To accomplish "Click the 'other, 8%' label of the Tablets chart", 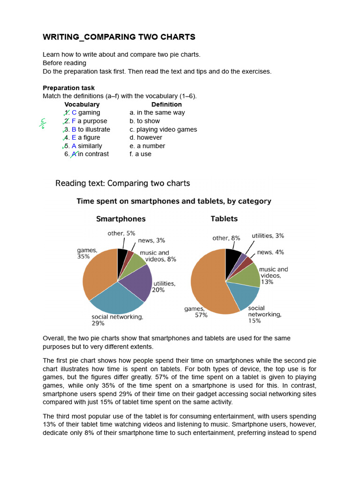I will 226,238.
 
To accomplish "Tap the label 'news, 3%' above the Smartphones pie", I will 151,240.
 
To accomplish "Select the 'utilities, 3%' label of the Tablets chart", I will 268,236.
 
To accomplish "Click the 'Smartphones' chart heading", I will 121,219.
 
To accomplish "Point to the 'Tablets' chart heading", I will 224,219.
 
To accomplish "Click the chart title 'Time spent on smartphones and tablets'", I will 173,202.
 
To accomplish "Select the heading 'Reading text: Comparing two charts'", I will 123,183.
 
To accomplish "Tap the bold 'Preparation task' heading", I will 68,88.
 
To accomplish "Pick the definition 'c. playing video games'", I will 163,129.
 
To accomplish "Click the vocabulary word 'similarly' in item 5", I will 90,146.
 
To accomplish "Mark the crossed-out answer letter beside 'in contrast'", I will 74,154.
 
